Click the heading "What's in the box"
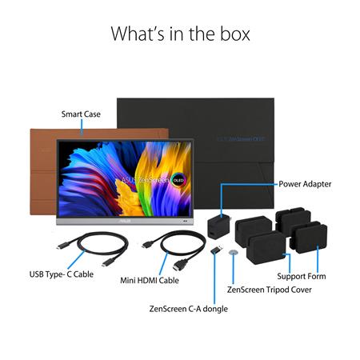(180, 34)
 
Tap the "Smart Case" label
(81, 114)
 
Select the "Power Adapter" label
(305, 184)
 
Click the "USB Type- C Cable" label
(62, 274)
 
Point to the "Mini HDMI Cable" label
(150, 281)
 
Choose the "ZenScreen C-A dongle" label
(188, 309)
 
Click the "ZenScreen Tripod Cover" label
(270, 290)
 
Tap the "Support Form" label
(302, 276)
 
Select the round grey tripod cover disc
(233, 252)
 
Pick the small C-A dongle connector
(216, 250)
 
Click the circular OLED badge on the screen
(178, 181)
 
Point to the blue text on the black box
(241, 139)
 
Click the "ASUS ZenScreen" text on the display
(146, 180)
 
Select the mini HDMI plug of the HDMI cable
(148, 245)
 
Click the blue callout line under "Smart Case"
(82, 127)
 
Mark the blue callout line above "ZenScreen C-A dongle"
(214, 278)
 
